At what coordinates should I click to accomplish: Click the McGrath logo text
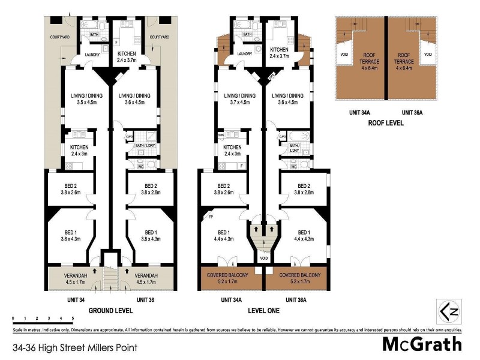pyautogui.click(x=422, y=344)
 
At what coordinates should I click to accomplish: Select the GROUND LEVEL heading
pyautogui.click(x=111, y=311)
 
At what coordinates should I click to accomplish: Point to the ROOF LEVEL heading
pyautogui.click(x=386, y=123)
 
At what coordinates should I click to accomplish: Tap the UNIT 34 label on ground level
pyautogui.click(x=76, y=299)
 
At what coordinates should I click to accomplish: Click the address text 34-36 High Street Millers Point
pyautogui.click(x=74, y=347)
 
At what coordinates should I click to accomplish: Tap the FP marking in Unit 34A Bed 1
pyautogui.click(x=211, y=217)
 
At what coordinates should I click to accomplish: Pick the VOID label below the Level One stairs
pyautogui.click(x=264, y=259)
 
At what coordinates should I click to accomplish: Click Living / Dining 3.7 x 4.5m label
pyautogui.click(x=239, y=98)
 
